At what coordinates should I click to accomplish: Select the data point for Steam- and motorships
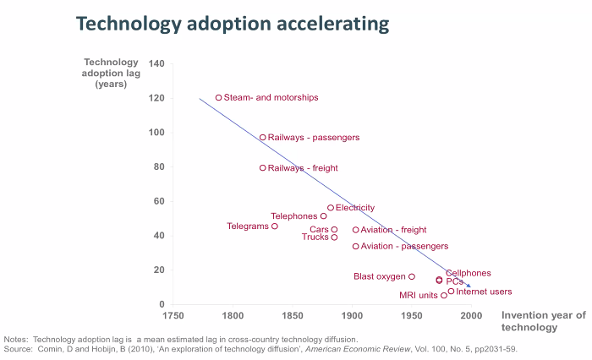(x=218, y=97)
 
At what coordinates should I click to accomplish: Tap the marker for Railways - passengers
(x=263, y=137)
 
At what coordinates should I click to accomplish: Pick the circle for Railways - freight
(x=263, y=167)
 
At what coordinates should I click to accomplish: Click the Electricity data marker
(x=331, y=207)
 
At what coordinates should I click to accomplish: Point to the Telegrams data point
(x=275, y=226)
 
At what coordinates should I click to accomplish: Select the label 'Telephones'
(x=293, y=216)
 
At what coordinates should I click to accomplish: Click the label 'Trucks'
(x=315, y=237)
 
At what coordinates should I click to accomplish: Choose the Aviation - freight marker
(x=356, y=229)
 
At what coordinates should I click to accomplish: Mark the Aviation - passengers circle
(x=356, y=246)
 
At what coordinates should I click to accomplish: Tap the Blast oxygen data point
(x=412, y=276)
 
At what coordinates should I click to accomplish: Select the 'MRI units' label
(x=419, y=296)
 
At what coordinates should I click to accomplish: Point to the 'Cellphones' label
(x=469, y=273)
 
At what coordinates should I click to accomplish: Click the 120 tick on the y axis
(x=156, y=97)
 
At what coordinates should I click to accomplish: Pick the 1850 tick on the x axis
(x=293, y=316)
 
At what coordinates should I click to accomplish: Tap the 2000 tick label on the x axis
(x=471, y=316)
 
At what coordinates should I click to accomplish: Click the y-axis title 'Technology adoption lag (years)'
(x=111, y=73)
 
